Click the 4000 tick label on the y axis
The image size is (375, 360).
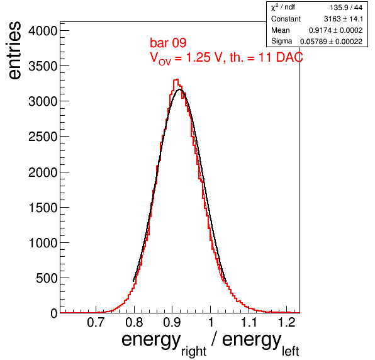click(x=43, y=31)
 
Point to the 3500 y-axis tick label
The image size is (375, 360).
click(x=43, y=66)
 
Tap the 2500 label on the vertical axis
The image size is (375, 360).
click(x=43, y=137)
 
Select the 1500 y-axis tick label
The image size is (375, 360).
click(x=43, y=208)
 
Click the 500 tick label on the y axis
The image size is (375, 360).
click(x=47, y=278)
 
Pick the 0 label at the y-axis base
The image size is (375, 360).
click(x=54, y=313)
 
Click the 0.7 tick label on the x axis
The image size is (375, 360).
click(x=96, y=322)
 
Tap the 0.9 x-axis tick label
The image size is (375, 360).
click(x=172, y=322)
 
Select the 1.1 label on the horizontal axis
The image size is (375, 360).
click(x=249, y=322)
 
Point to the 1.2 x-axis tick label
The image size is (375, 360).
click(x=287, y=322)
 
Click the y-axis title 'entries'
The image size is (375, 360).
click(x=15, y=50)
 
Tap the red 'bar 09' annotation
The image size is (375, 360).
click(x=168, y=43)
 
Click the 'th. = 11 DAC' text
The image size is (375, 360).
click(x=266, y=57)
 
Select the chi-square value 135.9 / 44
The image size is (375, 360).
click(x=346, y=8)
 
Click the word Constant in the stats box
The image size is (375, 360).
click(x=286, y=19)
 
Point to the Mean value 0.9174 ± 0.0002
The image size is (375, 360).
click(x=335, y=30)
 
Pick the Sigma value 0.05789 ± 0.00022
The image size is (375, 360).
click(x=331, y=42)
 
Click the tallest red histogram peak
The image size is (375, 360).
click(x=176, y=80)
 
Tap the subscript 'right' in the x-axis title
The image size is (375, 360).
click(x=194, y=351)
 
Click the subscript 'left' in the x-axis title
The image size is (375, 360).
click(x=290, y=351)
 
